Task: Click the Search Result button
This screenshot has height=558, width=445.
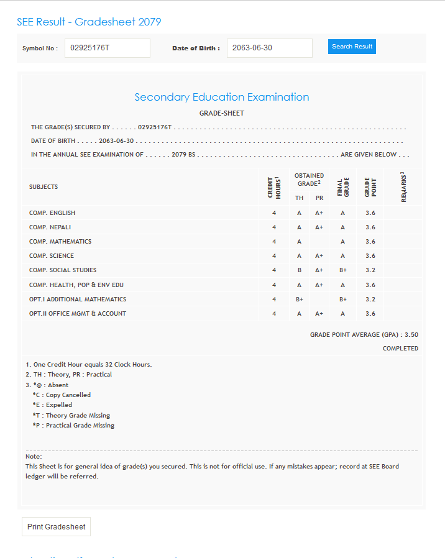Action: click(x=352, y=47)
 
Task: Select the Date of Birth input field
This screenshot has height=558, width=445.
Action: click(x=269, y=48)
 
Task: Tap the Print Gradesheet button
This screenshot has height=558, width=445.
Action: click(x=57, y=527)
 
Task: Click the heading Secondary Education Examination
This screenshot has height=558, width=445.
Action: click(x=222, y=97)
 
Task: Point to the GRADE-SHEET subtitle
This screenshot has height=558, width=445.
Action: click(x=222, y=113)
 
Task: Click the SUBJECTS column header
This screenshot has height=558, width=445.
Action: click(x=44, y=187)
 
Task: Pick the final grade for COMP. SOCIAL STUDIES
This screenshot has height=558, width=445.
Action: click(x=342, y=270)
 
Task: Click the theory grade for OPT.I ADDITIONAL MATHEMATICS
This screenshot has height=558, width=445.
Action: click(x=300, y=300)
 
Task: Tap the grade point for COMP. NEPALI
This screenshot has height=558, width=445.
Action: click(x=370, y=227)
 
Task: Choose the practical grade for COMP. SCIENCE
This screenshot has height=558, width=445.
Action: click(x=319, y=256)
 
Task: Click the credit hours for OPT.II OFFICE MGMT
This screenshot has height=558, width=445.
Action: click(x=274, y=314)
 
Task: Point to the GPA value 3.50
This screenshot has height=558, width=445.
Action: click(x=411, y=334)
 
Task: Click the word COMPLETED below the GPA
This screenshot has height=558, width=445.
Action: click(x=400, y=349)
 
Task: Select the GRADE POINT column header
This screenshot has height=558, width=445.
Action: click(x=370, y=187)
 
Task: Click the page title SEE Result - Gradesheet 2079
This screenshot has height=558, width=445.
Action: click(x=89, y=22)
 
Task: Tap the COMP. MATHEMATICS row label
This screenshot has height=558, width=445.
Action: click(x=60, y=242)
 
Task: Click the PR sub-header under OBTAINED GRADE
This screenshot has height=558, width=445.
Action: click(x=319, y=198)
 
